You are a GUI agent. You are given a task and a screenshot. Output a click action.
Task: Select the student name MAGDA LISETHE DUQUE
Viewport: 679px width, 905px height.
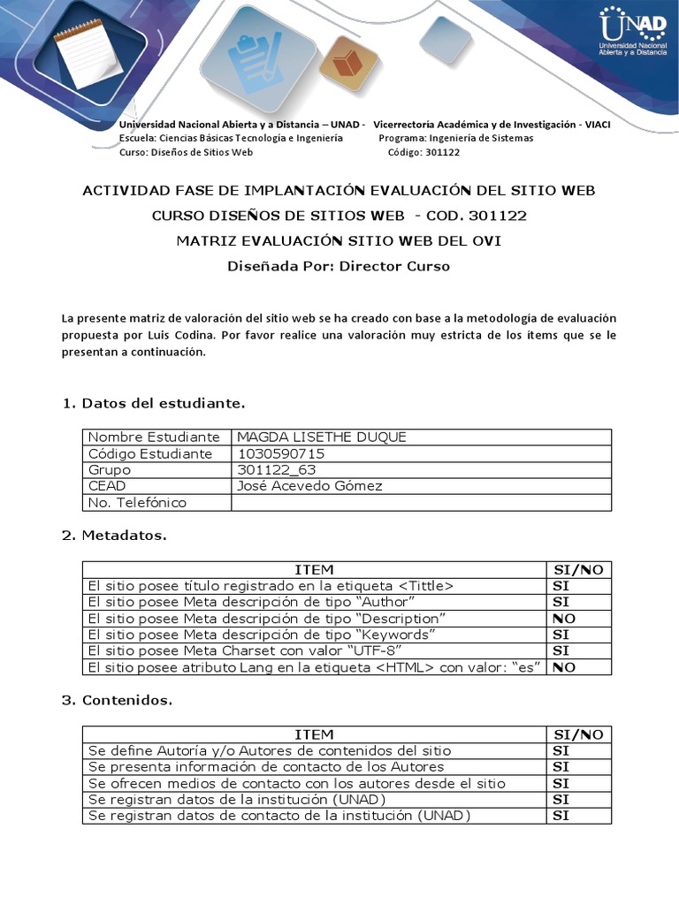322,437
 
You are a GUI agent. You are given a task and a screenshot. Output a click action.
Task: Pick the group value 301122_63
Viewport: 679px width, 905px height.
277,470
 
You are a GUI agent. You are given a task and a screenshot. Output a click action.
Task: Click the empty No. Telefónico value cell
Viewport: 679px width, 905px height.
421,503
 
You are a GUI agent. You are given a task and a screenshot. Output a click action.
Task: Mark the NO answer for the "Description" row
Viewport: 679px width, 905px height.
564,619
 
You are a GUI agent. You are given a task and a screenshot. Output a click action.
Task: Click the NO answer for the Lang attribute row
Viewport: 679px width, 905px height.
564,667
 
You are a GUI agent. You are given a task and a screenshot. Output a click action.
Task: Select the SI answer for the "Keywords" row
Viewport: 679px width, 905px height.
561,635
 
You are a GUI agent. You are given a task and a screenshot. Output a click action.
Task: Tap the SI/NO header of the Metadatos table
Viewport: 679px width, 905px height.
578,570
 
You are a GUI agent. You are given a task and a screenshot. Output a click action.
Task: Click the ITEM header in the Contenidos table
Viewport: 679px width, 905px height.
314,734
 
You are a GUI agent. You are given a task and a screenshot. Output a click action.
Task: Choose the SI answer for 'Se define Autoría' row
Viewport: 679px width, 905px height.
561,750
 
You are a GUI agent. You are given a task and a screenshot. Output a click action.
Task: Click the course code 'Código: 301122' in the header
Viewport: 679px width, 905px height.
423,152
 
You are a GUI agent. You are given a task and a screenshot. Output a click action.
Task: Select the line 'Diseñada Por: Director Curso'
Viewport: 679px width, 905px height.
339,266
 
